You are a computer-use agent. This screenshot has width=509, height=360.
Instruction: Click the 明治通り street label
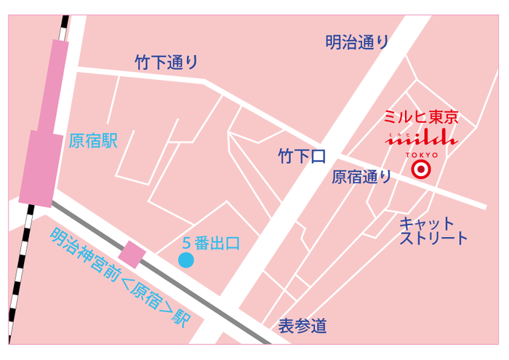tap(356, 43)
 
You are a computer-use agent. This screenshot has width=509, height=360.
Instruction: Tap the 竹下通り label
tap(166, 63)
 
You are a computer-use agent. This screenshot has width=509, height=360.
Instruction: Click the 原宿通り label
tap(361, 176)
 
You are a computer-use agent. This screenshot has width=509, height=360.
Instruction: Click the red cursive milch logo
tap(421, 138)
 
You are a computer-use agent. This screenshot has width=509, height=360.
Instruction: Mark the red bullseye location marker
tap(421, 170)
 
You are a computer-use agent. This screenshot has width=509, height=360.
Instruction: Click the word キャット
tap(426, 223)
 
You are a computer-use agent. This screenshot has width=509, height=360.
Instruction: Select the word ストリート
tap(433, 238)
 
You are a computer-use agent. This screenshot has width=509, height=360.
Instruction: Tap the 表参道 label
tap(302, 327)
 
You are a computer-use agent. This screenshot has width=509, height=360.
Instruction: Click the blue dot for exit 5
tap(186, 260)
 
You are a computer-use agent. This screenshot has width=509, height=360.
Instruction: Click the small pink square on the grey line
tap(132, 254)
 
